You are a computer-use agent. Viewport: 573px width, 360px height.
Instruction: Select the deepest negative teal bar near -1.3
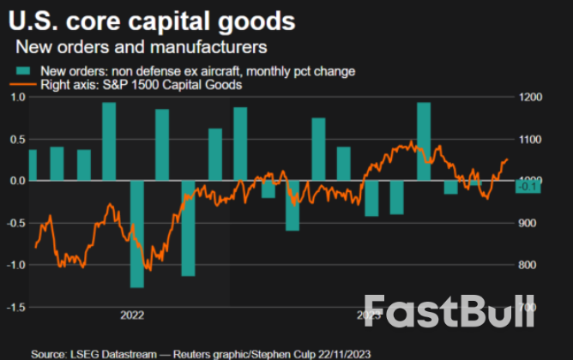pos(136,234)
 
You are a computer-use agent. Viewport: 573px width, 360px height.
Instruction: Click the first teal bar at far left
pos(33,165)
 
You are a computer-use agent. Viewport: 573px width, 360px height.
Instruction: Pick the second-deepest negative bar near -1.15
pos(188,228)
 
